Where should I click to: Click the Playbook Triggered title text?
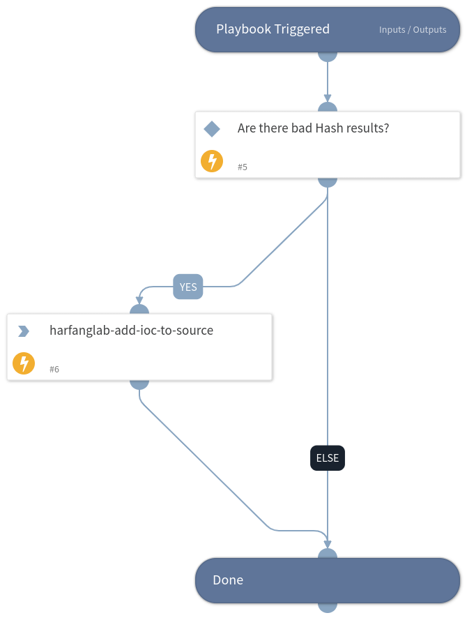(273, 29)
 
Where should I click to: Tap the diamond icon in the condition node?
(212, 129)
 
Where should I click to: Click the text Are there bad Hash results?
(313, 128)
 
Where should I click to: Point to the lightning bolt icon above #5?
(212, 161)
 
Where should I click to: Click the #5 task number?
(243, 167)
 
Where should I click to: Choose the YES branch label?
(188, 287)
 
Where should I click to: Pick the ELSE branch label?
(328, 458)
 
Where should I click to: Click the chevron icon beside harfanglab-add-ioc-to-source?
(24, 331)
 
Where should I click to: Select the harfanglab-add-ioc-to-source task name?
(131, 331)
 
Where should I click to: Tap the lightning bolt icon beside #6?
(24, 363)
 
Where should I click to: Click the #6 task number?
(54, 370)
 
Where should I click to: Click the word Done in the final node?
(228, 580)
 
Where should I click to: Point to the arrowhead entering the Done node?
(328, 545)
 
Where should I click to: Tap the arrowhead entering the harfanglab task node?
(139, 301)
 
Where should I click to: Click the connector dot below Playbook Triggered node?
(328, 55)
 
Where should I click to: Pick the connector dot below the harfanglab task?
(139, 383)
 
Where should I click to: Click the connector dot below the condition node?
(328, 181)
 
